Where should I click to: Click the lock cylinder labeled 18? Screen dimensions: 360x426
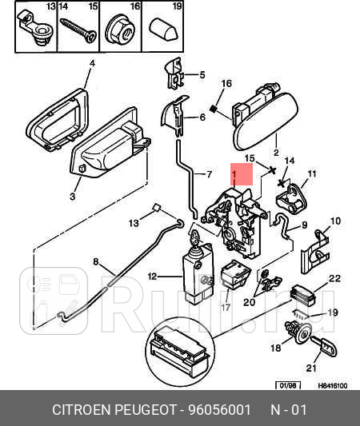298,332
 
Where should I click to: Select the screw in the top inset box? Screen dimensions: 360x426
78,30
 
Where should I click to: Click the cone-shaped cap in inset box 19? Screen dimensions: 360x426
164,30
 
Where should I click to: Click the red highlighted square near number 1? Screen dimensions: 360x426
242,174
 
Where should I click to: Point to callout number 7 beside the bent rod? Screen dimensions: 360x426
209,174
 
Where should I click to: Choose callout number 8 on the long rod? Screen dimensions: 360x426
96,261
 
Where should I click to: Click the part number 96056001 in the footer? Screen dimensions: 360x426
220,410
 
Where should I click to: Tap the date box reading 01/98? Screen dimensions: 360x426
288,385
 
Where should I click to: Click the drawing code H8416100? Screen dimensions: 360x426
333,386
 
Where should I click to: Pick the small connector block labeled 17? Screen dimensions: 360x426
235,274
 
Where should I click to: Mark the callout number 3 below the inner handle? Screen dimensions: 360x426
72,196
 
